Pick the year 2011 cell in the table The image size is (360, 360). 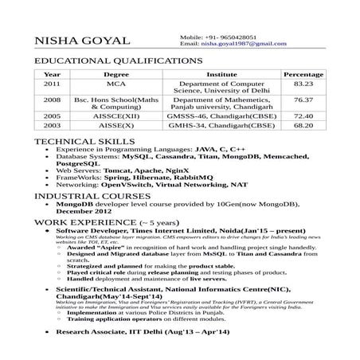pos(52,83)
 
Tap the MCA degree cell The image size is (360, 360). pos(116,83)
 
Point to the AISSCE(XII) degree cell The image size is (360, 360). pos(116,115)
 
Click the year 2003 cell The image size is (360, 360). pos(52,125)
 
